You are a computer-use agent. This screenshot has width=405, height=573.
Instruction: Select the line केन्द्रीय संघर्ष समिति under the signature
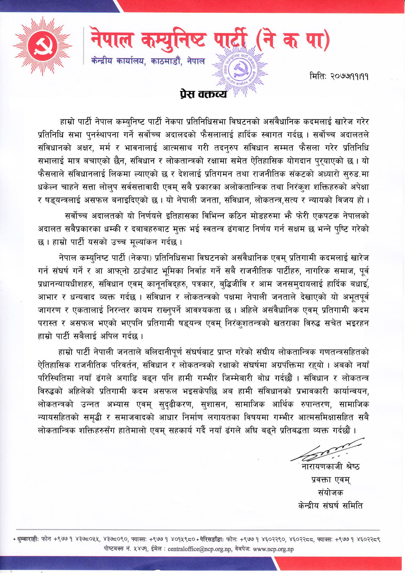tap(330, 506)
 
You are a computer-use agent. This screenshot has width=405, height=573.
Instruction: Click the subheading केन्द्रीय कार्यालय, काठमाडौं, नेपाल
tap(148, 61)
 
